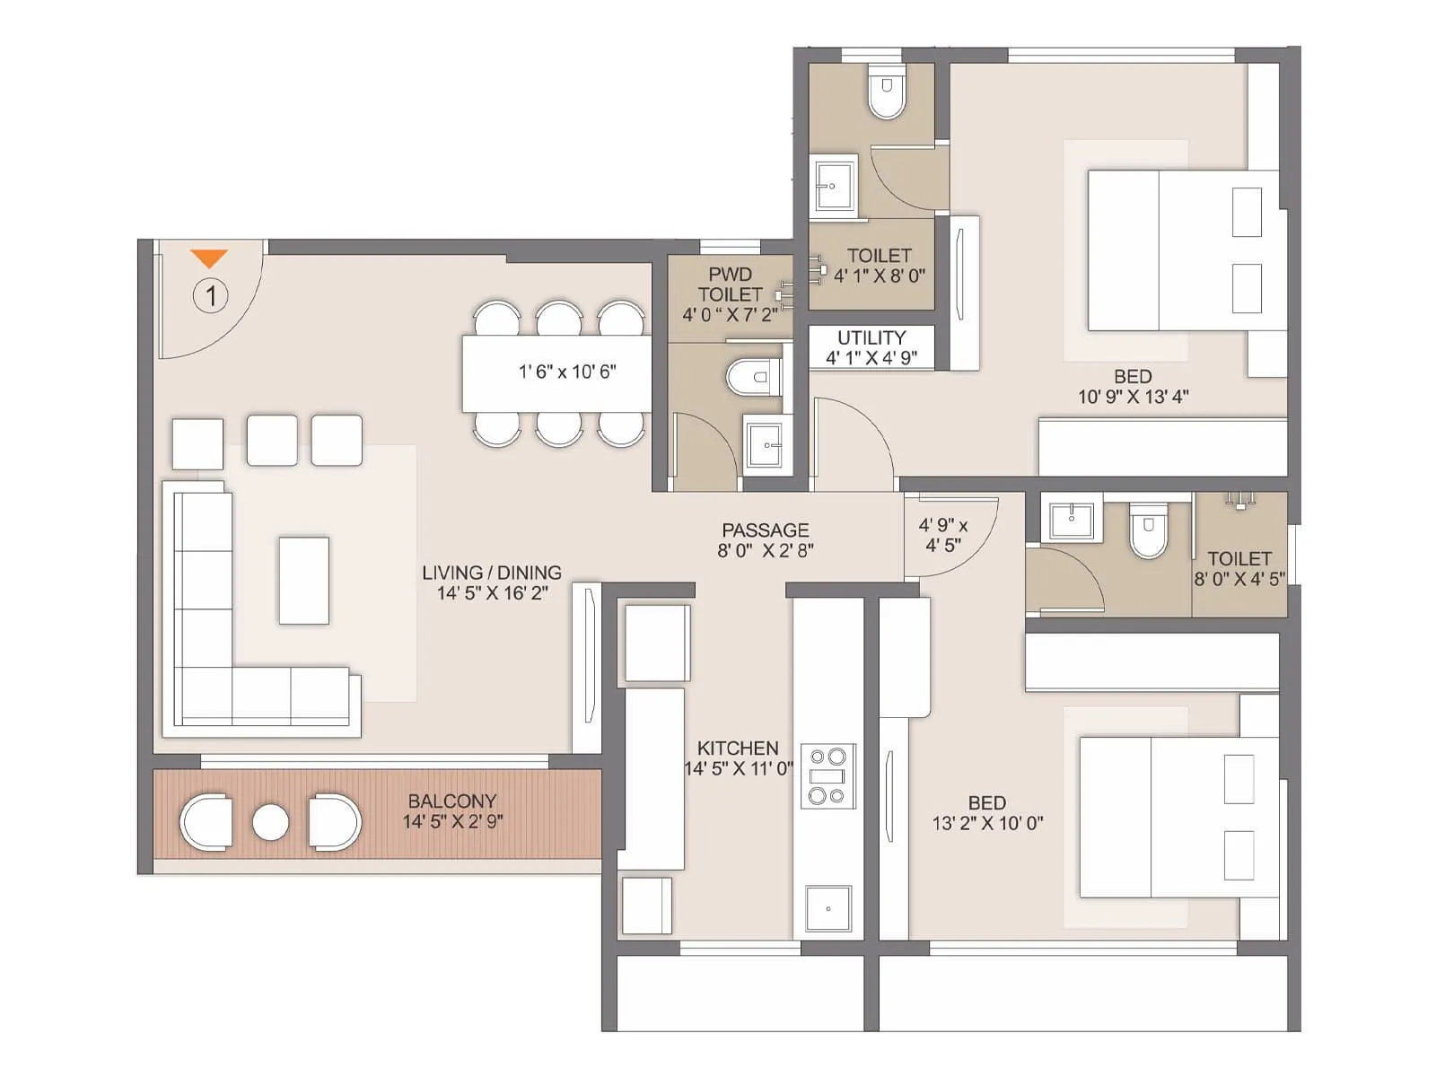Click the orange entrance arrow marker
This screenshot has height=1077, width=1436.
click(x=209, y=258)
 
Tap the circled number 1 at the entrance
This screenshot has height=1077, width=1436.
click(x=211, y=295)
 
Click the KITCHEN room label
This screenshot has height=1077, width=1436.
click(x=738, y=748)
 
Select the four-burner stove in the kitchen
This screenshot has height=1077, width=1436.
click(x=827, y=775)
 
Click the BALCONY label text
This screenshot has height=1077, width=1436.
click(x=451, y=801)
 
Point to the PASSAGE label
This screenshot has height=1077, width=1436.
click(x=765, y=530)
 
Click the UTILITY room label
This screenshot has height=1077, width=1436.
click(x=871, y=337)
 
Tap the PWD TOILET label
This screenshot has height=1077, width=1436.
click(x=730, y=284)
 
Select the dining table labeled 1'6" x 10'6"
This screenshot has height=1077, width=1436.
click(x=557, y=372)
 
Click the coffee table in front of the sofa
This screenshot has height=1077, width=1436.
click(x=303, y=580)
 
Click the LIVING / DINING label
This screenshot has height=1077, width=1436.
click(x=492, y=573)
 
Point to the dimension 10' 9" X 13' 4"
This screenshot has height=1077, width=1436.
click(x=1133, y=397)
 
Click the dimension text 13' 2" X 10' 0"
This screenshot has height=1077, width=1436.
click(x=987, y=823)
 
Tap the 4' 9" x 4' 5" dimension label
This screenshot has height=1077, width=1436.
click(x=942, y=535)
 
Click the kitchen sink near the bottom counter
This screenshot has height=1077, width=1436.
click(x=827, y=908)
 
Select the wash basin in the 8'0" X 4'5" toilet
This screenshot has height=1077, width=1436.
click(x=1072, y=520)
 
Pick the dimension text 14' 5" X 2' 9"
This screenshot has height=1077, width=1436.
click(x=452, y=821)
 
